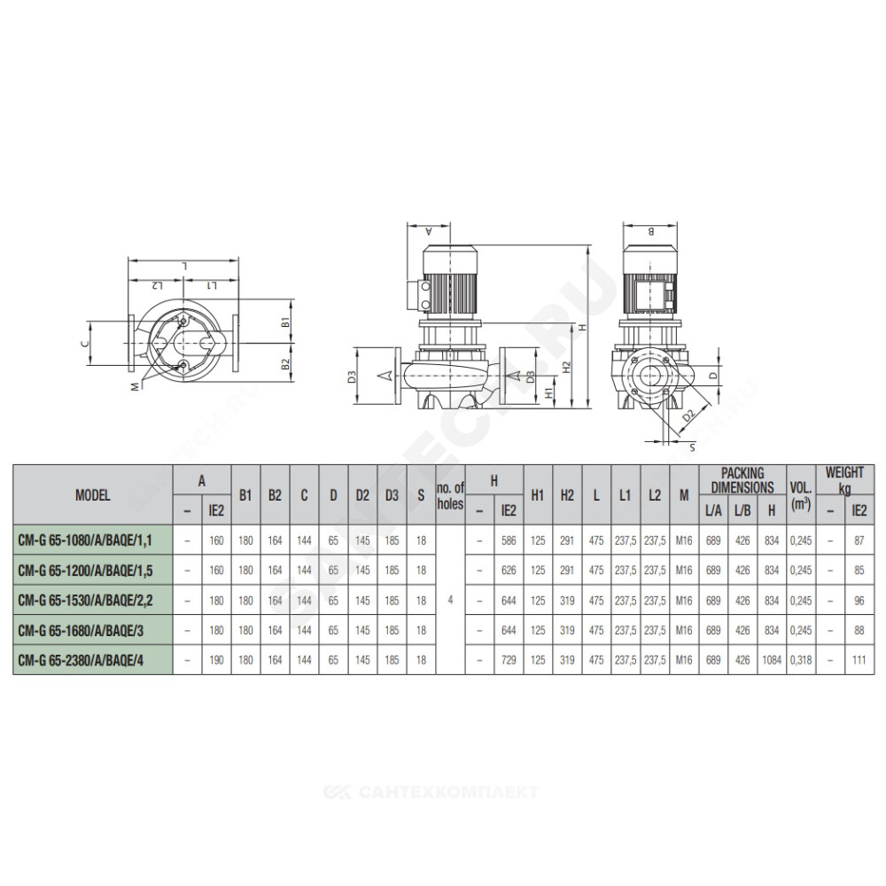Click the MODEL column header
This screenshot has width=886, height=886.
click(93, 495)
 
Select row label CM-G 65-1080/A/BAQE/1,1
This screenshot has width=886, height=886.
click(85, 540)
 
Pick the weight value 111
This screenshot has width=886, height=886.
click(859, 660)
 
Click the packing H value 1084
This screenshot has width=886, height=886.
click(772, 660)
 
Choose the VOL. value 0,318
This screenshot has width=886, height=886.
click(801, 660)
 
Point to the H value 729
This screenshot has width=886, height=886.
click(509, 660)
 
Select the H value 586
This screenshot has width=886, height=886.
click(509, 540)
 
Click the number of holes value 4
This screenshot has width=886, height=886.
click(450, 600)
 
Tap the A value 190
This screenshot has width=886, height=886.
click(216, 660)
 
